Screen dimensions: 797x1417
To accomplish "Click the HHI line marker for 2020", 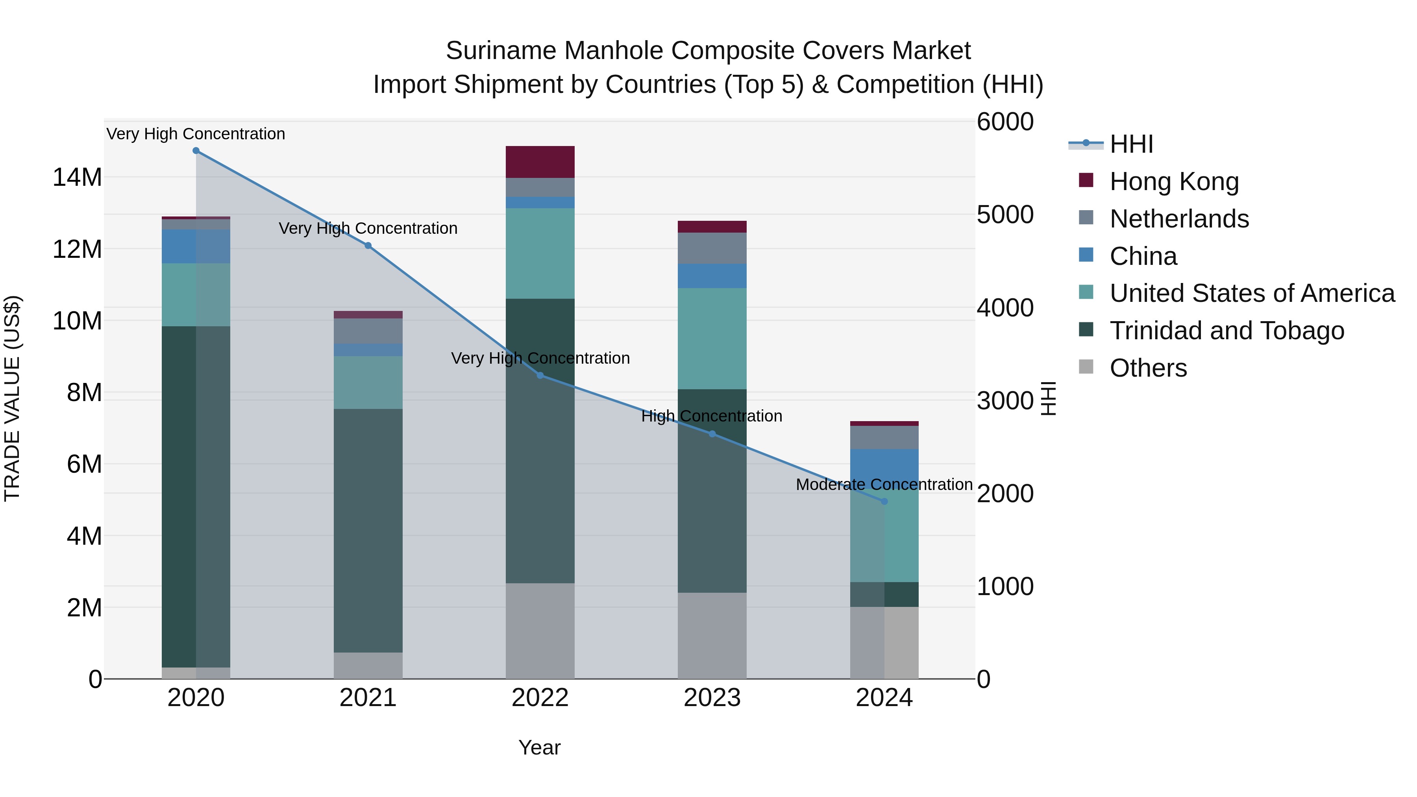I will (196, 151).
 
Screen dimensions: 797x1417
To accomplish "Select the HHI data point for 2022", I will (540, 376).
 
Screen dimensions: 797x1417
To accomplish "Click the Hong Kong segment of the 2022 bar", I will (540, 162).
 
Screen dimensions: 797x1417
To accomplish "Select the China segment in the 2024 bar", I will (884, 466).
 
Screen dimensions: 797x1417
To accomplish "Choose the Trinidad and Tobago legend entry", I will (1226, 331).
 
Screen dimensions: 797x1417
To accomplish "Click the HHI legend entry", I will (1131, 144).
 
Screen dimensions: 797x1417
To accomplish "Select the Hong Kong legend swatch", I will (1086, 180).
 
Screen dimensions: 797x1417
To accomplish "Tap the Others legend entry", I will (1148, 368).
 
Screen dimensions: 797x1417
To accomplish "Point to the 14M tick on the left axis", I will (77, 178).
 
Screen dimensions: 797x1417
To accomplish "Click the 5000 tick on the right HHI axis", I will (1005, 215).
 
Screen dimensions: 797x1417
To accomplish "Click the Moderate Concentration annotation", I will (884, 484).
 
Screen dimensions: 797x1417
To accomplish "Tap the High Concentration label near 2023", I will (711, 416).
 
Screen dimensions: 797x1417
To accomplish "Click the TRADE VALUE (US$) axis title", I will (12, 398).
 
